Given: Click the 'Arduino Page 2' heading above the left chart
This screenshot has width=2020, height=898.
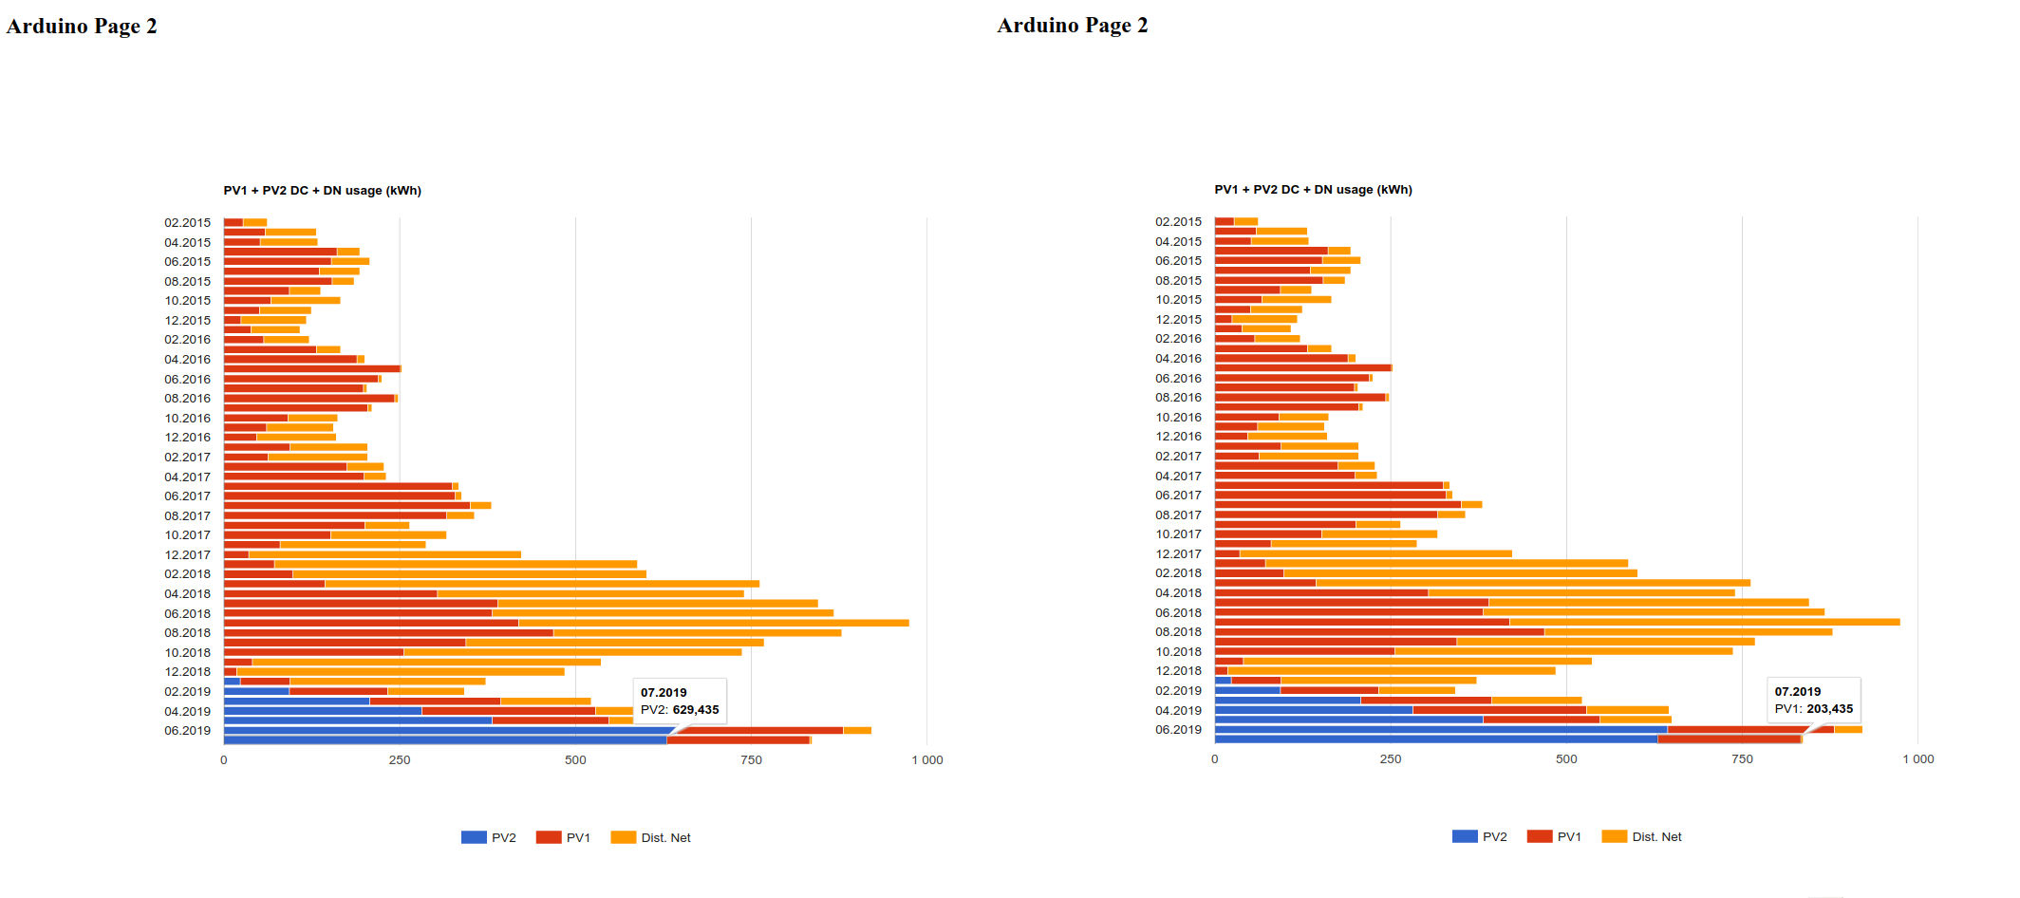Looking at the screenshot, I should pos(82,27).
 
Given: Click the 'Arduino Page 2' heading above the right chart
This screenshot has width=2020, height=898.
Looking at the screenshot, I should pos(1072,26).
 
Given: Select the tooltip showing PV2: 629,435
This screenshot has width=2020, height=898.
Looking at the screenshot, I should pos(679,702).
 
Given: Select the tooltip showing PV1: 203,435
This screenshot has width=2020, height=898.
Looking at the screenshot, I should pos(1813,701).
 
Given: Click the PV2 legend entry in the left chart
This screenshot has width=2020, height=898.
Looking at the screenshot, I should pos(489,837).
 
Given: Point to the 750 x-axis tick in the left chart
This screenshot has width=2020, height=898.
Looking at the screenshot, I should pos(751,759).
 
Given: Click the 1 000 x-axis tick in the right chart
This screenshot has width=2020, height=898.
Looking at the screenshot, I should pos(1917,758).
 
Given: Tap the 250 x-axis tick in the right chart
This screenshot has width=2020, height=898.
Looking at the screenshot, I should pos(1390,758).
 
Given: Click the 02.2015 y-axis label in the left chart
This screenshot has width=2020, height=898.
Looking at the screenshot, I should pos(187,223).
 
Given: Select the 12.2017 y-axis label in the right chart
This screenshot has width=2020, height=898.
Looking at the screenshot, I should pos(1178,553).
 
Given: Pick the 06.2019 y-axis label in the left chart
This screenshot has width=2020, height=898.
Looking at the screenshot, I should pos(187,730).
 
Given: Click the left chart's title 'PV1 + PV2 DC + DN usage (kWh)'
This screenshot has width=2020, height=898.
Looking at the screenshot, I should pos(322,191).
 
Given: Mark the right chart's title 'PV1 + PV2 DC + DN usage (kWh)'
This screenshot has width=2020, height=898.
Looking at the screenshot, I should pos(1313,190).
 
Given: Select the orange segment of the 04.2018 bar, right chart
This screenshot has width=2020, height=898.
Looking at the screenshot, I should pos(1580,592).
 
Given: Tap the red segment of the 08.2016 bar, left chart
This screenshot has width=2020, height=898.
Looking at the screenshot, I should pos(309,398).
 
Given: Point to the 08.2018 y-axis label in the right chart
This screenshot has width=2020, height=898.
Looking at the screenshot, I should pos(1178,631).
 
